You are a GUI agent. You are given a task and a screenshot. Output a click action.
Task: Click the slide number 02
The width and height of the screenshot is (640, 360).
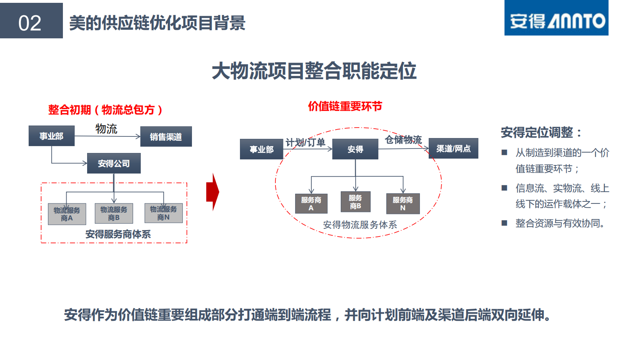30,23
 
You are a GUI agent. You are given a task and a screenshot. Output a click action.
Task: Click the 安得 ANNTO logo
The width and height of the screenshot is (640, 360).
556,19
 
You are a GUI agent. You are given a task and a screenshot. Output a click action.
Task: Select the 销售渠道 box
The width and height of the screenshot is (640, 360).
166,137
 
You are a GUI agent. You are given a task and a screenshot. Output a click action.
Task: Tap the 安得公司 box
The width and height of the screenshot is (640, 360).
114,163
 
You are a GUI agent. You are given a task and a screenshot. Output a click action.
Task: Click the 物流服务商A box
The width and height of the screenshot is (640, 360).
67,214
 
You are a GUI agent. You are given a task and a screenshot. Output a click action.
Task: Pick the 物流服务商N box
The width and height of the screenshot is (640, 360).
163,213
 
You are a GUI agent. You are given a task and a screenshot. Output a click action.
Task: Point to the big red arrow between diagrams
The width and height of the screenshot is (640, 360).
213,192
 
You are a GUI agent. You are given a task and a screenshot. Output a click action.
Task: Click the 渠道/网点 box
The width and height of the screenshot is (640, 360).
453,149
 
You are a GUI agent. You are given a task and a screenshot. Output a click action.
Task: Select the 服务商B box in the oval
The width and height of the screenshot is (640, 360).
355,202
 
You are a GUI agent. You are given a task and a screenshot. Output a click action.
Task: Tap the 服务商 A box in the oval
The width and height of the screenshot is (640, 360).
311,204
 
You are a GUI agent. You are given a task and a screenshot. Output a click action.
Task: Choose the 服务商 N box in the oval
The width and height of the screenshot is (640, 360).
402,204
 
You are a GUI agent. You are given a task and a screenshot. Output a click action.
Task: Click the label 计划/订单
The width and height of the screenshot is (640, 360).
305,142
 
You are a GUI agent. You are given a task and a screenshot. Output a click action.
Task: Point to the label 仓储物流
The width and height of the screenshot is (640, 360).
403,140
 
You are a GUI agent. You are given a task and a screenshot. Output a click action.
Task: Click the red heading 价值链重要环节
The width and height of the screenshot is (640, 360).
345,107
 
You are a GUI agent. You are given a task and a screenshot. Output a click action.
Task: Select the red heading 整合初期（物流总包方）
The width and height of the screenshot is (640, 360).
105,110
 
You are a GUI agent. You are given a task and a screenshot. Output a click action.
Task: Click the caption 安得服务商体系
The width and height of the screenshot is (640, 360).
118,234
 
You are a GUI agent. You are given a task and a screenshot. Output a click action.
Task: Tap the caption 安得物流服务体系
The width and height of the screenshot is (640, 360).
360,225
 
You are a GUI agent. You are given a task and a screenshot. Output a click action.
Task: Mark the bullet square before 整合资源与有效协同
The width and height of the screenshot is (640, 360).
504,223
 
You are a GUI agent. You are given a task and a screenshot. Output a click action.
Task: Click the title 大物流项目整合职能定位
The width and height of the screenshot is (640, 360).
314,71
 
